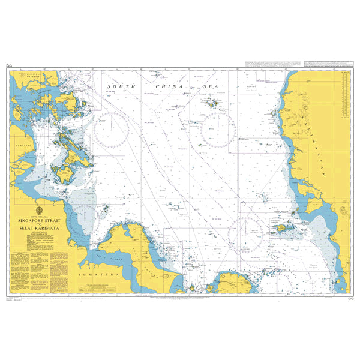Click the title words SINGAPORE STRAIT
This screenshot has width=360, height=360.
[x=41, y=219]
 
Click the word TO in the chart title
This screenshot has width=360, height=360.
[x=41, y=223]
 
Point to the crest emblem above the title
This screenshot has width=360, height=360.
[x=41, y=211]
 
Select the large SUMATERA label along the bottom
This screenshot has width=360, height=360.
[x=95, y=274]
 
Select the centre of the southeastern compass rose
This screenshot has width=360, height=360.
[x=245, y=233]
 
